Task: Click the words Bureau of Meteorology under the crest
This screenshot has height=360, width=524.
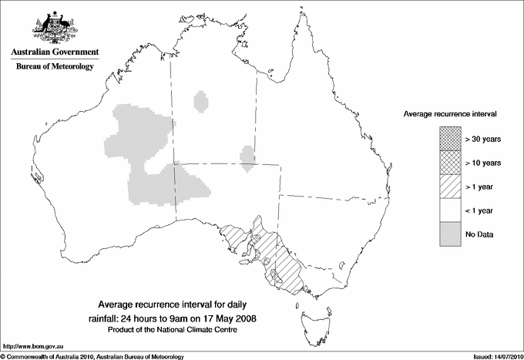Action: click(55, 67)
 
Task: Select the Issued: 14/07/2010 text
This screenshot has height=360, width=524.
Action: click(492, 355)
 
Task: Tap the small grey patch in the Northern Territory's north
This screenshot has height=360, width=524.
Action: click(202, 101)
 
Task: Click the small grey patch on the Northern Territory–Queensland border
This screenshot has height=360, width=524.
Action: click(247, 156)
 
